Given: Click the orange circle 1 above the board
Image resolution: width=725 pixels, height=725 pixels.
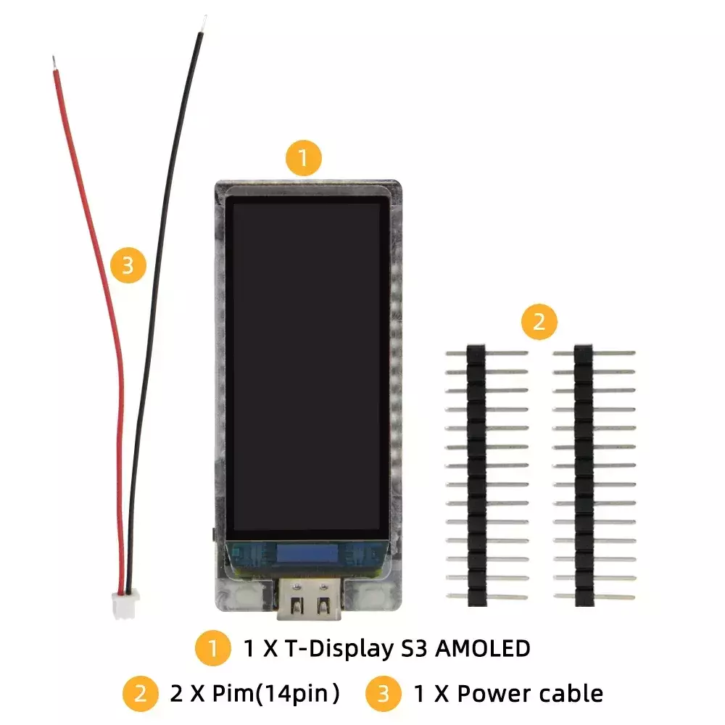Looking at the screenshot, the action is (303, 157).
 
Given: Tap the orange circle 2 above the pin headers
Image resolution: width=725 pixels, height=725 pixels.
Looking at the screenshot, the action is (539, 321).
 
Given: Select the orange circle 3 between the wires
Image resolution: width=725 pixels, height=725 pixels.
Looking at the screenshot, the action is (128, 265).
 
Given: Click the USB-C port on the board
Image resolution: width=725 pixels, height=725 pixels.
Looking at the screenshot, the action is (309, 599).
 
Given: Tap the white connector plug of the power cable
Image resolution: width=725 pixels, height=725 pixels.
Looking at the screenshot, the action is (124, 605).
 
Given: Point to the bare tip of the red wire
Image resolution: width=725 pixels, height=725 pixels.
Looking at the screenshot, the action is (54, 63).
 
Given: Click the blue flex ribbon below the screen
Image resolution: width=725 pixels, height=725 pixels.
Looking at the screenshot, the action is (307, 554).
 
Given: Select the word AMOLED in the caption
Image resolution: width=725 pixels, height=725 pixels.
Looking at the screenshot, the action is (483, 648).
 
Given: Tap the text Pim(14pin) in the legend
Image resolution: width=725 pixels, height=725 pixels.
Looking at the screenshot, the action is (275, 694).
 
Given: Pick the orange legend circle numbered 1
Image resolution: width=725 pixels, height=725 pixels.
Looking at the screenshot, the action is (212, 647).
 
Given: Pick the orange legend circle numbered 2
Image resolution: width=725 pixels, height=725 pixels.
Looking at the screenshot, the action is (140, 694).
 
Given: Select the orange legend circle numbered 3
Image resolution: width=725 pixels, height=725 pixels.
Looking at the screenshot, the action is (384, 694).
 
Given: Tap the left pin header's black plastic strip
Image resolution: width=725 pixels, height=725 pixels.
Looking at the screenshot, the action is (476, 476).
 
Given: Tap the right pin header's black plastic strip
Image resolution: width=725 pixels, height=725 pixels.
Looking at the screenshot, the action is (584, 476).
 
